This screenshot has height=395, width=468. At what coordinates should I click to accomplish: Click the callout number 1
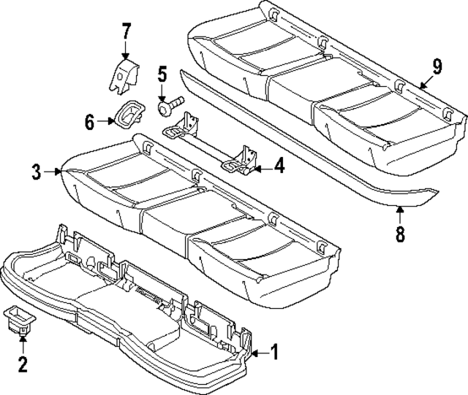(x=274, y=353)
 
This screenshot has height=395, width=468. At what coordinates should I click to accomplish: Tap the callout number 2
(x=22, y=363)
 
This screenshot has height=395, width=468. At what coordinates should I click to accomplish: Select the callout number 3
(x=36, y=172)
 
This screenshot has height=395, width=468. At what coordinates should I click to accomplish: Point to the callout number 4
(x=280, y=166)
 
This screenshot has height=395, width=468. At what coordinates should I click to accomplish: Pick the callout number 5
(x=162, y=74)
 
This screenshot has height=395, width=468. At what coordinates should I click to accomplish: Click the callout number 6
(x=90, y=122)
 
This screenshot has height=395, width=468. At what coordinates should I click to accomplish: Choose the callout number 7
(x=127, y=32)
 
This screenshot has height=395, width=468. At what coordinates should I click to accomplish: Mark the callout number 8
(x=400, y=236)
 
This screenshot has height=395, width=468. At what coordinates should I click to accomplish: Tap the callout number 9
(x=437, y=67)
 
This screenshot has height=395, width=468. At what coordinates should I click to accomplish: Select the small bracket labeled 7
(x=124, y=77)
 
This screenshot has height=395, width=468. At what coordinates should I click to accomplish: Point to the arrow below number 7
(x=127, y=51)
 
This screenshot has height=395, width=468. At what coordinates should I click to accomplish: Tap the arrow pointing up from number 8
(x=400, y=215)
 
